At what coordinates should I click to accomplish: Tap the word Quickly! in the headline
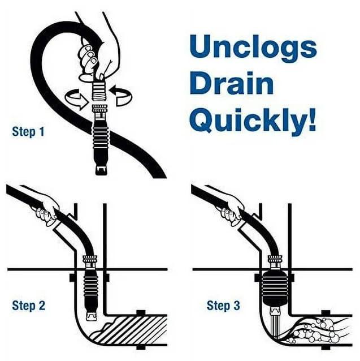click(253, 121)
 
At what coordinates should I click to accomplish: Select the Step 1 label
click(28, 132)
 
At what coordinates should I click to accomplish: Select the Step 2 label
click(28, 306)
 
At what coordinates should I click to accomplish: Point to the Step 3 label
click(223, 306)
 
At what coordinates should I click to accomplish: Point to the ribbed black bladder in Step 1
click(101, 139)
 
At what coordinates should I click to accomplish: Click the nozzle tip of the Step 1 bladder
click(101, 168)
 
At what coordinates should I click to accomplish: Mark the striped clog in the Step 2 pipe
click(133, 328)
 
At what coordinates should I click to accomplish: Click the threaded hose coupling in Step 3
click(275, 262)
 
